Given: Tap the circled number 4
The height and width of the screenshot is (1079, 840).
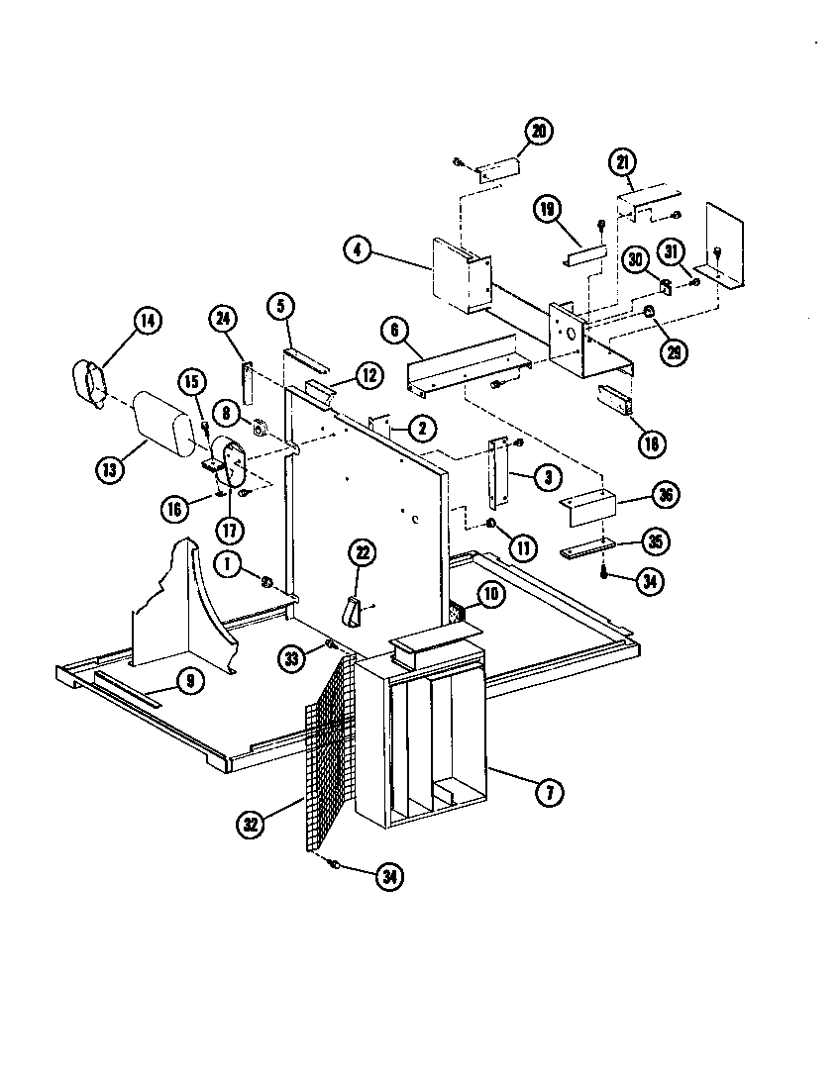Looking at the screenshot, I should pos(359,250).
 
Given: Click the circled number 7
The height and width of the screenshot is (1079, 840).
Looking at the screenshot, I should pos(548,790).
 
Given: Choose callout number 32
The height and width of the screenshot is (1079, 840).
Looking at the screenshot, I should pos(251,822).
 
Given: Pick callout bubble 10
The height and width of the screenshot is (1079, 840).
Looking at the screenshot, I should pos(490,594).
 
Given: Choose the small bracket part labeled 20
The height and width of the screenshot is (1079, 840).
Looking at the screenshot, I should pos(498,170).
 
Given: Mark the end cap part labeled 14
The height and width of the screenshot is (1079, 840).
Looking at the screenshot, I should pos(92,385).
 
